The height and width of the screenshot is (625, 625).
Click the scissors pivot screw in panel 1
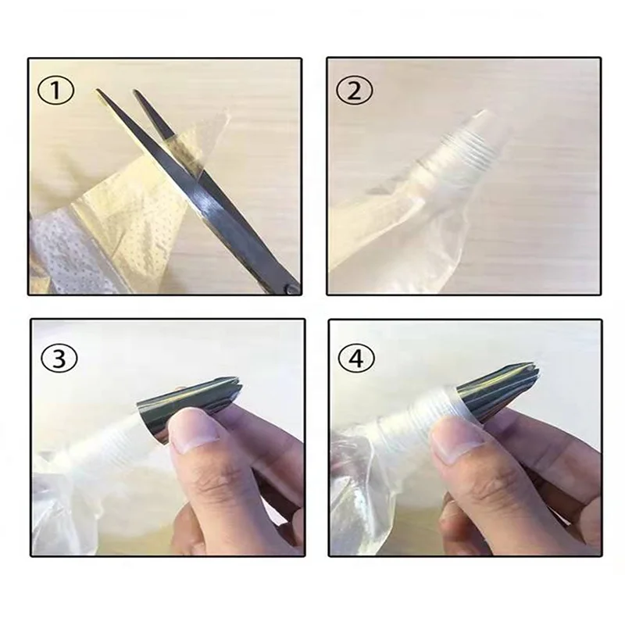(x=291, y=288)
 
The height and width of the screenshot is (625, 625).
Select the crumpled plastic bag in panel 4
(x=359, y=500)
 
